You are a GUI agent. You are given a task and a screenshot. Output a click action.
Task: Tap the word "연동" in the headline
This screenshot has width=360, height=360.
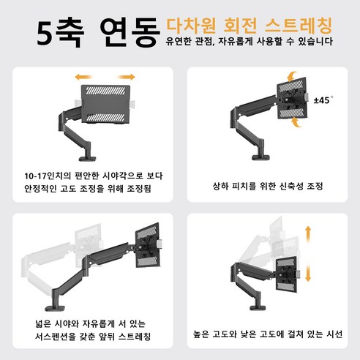point(130,32)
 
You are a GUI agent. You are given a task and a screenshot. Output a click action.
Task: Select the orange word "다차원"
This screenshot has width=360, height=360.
point(191,25)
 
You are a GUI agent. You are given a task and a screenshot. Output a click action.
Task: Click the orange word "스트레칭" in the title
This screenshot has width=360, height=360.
point(299,25)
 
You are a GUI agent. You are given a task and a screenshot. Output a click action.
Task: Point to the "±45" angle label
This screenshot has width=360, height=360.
point(323,100)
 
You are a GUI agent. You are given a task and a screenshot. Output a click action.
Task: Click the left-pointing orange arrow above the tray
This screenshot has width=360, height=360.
point(83,77)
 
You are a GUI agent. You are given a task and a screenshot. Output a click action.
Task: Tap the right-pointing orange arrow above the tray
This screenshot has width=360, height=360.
point(127,77)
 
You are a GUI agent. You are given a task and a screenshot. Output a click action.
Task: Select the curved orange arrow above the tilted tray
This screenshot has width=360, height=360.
point(292,76)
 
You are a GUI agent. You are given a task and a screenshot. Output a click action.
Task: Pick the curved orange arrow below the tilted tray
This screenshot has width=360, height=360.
point(296,122)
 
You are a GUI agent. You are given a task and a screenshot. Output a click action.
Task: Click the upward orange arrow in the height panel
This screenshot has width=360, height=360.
point(308,234)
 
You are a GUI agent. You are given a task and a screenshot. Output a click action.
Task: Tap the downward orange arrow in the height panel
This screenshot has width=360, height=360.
point(308,273)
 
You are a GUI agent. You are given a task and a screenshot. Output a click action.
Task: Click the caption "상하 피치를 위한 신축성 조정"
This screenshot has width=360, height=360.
point(268,187)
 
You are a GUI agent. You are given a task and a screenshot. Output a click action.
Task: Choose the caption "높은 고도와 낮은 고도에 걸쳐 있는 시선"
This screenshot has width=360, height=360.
point(268,334)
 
